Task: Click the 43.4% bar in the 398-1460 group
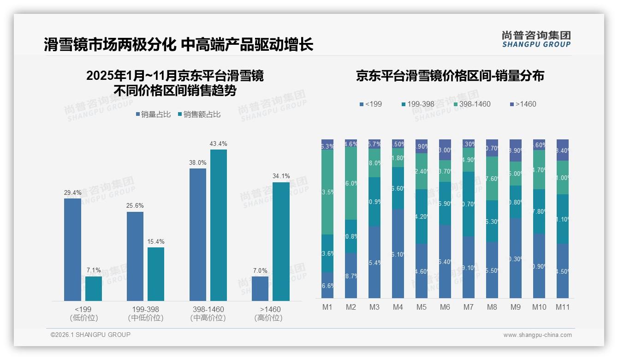click(219, 225)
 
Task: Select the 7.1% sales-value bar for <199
click(94, 288)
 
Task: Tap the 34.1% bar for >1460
click(281, 241)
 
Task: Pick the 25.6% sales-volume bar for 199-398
click(135, 256)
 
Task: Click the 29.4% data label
click(72, 193)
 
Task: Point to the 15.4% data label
click(156, 242)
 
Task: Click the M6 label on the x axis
click(445, 307)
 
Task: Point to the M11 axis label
click(562, 307)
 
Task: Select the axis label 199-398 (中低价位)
click(146, 313)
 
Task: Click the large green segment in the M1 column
click(327, 192)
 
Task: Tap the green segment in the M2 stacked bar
click(351, 183)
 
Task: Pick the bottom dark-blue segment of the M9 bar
click(515, 258)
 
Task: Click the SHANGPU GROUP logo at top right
click(536, 39)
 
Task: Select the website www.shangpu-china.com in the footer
click(537, 335)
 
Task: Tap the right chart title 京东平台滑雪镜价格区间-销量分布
click(450, 76)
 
